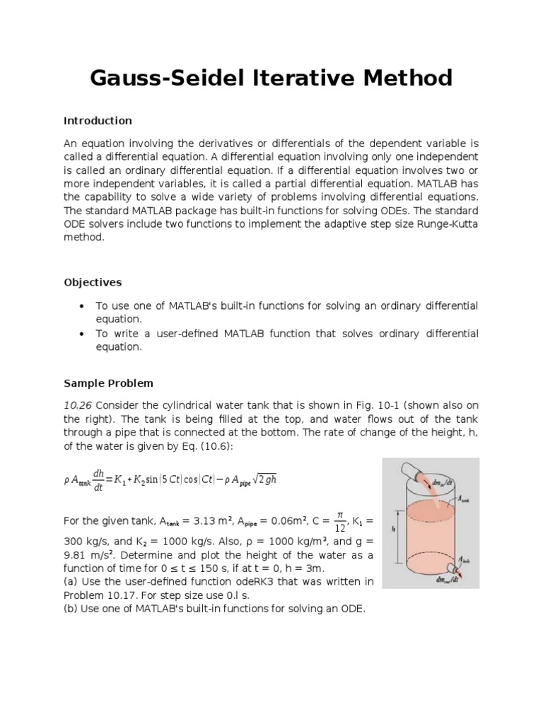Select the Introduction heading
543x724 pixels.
click(98, 120)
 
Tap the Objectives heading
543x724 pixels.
click(92, 282)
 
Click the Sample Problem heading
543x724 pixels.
click(108, 383)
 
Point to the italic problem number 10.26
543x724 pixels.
click(78, 404)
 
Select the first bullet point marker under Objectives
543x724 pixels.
click(82, 306)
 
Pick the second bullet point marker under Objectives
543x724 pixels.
click(82, 334)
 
